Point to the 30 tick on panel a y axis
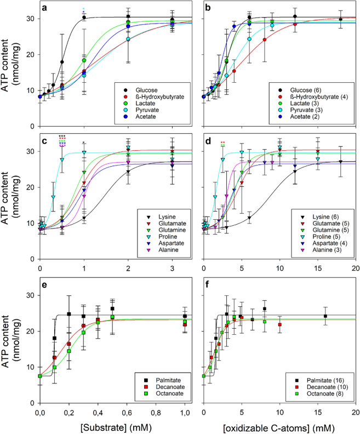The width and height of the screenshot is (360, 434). pos(28,19)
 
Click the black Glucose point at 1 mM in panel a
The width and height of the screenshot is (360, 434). pos(84,18)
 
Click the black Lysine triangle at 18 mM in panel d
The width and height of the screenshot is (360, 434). pos(340,162)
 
